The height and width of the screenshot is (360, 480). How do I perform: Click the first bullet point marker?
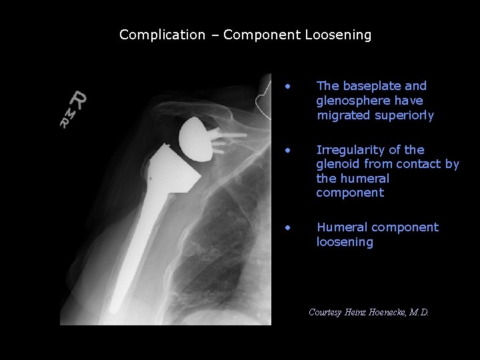point(287,86)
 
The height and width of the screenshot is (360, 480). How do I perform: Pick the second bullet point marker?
point(287,150)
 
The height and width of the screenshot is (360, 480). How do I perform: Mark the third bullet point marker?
point(287,227)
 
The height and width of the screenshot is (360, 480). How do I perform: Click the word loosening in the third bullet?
point(345,242)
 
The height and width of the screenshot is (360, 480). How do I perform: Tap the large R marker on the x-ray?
point(80,100)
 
